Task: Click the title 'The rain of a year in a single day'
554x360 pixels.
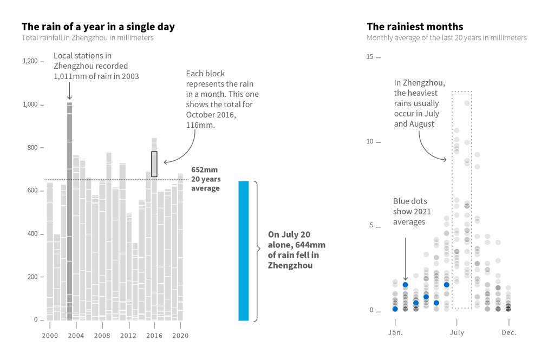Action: coord(98,27)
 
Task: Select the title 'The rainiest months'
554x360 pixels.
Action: coord(415,27)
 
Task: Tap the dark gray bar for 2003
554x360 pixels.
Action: coord(69,211)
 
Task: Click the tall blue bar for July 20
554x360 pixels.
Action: coord(243,251)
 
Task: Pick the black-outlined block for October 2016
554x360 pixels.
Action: coord(154,164)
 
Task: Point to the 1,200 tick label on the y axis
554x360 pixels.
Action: coord(30,61)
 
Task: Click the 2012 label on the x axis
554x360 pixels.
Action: coord(128,336)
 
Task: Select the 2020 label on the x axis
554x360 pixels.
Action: coord(180,336)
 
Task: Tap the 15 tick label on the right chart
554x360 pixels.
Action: coord(370,57)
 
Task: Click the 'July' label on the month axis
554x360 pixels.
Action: coord(457,332)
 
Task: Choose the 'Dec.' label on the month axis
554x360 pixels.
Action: coord(509,332)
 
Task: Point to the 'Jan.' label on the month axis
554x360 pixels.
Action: coord(395,332)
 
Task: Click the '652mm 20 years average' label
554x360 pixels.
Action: coord(205,179)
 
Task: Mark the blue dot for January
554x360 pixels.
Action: coord(395,309)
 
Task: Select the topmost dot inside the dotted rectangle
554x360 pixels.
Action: coord(467,103)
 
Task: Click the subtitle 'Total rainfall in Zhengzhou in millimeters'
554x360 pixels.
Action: coord(88,38)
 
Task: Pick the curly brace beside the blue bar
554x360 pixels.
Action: coord(256,251)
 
